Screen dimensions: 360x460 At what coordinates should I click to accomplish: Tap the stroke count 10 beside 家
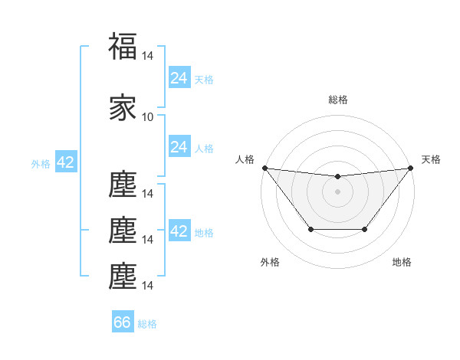pos(148,117)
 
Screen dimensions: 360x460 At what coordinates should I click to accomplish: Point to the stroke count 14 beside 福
pos(148,56)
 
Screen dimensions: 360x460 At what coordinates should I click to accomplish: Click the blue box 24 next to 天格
pos(179,78)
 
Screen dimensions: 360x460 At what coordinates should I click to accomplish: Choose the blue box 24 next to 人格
pos(179,147)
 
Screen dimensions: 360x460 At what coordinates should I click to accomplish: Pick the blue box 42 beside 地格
pos(179,231)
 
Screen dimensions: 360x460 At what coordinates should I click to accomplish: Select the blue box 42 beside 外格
pos(65,163)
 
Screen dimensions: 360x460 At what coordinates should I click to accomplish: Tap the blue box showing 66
pos(123,322)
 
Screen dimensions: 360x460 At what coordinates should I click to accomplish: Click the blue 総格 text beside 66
pos(148,324)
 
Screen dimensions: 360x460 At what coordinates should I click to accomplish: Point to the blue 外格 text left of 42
pos(41,164)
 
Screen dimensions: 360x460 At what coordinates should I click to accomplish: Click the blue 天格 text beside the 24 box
pos(204,80)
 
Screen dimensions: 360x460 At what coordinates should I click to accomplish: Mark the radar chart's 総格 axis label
pos(337,100)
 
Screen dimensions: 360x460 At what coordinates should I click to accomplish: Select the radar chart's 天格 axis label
pos(431,159)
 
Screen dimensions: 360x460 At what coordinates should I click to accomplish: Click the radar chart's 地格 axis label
pos(402,262)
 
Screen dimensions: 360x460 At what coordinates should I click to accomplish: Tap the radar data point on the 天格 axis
pos(410,168)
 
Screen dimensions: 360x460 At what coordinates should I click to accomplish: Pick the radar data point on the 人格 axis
pos(264,168)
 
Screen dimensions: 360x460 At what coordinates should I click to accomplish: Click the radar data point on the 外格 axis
pos(310,229)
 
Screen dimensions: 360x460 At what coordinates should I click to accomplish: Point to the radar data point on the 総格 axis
pos(337,177)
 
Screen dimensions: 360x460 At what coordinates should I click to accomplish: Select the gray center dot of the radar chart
pos(337,191)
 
